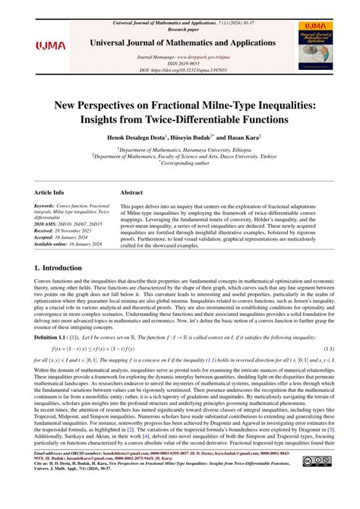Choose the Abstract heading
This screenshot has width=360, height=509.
[x=133, y=194]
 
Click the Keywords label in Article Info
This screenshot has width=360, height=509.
[x=48, y=206]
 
